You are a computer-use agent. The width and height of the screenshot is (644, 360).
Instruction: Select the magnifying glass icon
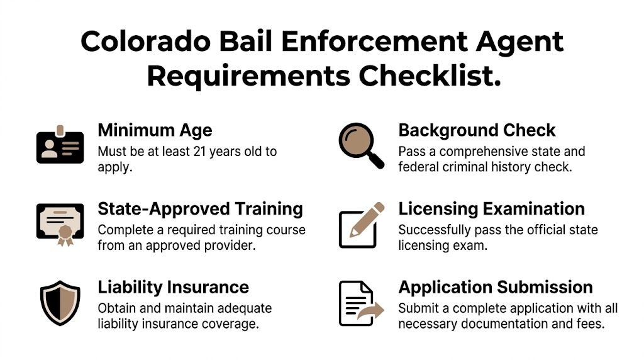360,145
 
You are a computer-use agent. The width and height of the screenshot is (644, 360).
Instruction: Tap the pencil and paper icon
360,225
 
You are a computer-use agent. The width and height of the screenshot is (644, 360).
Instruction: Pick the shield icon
60,303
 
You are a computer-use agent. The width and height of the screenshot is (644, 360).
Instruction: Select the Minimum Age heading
155,130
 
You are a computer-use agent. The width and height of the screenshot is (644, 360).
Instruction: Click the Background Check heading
477,130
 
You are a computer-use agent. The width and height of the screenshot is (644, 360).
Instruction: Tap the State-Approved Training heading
200,208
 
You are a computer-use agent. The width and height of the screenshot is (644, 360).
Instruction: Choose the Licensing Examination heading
491,208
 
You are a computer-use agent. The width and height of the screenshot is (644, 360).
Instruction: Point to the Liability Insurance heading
173,287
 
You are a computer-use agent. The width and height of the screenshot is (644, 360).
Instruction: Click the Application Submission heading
495,287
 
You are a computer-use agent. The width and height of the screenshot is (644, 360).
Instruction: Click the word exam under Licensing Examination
473,245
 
